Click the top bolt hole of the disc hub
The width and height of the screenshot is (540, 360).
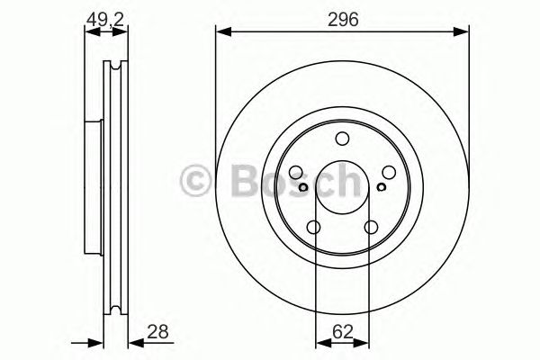(x=342, y=139)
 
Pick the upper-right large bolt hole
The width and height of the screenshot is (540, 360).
(x=387, y=173)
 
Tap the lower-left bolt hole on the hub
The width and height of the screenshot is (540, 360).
(x=314, y=227)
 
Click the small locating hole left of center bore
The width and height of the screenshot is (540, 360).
(x=303, y=187)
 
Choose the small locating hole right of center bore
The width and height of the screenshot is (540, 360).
(x=381, y=187)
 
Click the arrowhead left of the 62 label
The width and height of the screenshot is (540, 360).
(x=321, y=342)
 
